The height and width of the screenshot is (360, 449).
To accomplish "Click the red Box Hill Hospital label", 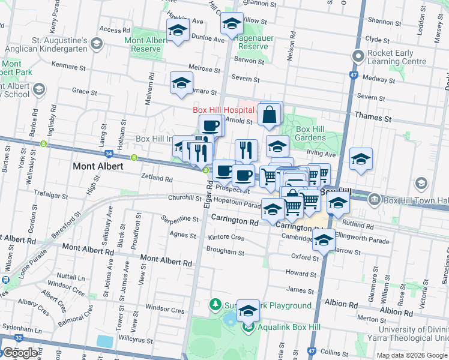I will pos(224,110).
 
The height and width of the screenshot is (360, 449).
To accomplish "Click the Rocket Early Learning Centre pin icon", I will pos(359,57).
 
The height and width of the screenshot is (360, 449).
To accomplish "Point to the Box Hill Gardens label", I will pos(310,133).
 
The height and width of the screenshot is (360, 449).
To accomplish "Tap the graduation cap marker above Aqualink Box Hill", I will pos(248,311).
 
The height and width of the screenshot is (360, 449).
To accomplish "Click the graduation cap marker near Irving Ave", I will pos(360,159).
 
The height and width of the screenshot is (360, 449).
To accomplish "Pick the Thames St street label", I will pos(377,119).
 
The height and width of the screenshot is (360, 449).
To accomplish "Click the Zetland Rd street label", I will pos(157,178).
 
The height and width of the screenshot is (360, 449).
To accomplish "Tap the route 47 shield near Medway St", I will pos(354,76).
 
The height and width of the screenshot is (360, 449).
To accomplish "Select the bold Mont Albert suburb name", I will pos(98,166).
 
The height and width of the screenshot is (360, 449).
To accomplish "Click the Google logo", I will pos(20,353).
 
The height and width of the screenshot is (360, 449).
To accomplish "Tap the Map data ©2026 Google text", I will pos(411,355).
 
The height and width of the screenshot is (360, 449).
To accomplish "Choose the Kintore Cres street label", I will pos(226,238).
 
